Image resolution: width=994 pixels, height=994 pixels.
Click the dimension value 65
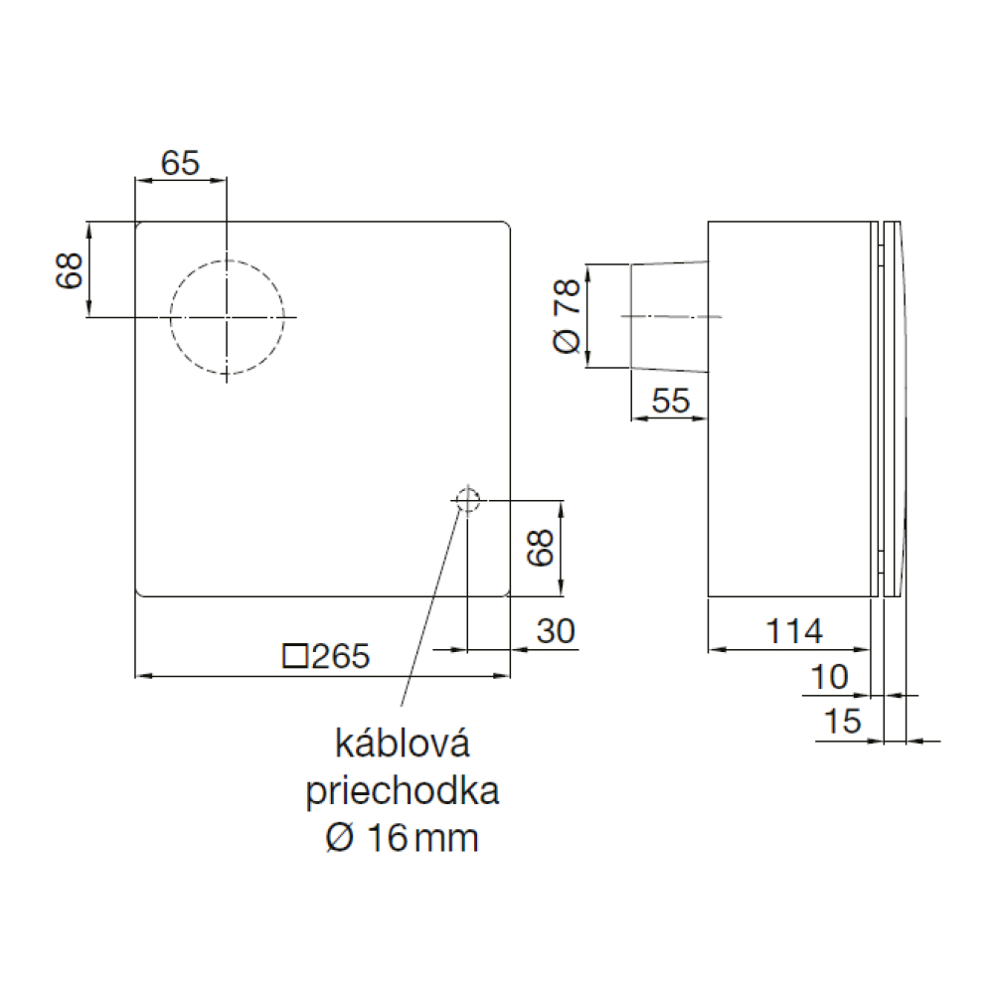tap(180, 163)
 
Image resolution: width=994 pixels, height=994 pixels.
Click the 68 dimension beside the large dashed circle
tap(70, 270)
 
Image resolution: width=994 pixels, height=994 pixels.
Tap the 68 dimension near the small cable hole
tap(541, 548)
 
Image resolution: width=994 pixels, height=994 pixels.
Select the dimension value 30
tap(556, 631)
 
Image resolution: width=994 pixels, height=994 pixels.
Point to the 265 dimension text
tap(340, 656)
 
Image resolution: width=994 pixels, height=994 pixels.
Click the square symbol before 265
tap(295, 656)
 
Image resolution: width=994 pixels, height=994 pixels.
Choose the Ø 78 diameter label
tap(567, 315)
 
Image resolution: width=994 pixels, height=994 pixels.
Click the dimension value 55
tap(670, 401)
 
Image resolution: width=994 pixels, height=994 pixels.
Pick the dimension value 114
tap(793, 631)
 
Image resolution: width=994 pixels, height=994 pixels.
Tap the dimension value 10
tap(829, 677)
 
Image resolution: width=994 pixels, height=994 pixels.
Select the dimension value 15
tap(843, 722)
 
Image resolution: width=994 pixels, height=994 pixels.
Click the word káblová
tap(403, 743)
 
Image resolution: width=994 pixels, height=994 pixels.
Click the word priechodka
tap(403, 790)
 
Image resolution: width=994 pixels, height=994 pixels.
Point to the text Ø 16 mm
tap(402, 838)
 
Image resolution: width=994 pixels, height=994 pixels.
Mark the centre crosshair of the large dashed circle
tap(227, 316)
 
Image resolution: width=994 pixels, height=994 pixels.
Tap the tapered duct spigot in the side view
tap(669, 316)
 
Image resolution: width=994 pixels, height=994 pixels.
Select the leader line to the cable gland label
tap(429, 606)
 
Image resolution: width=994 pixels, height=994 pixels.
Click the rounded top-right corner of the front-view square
tap(508, 224)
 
